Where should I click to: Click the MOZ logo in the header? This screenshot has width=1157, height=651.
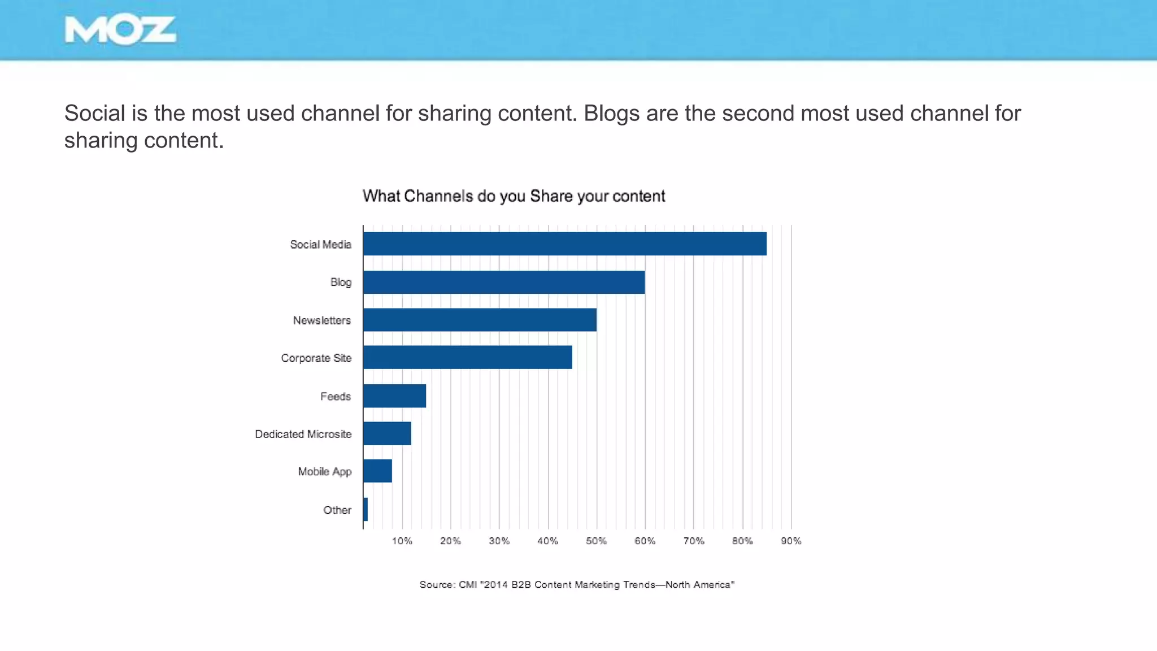tap(120, 31)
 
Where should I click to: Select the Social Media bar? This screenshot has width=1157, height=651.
tap(564, 244)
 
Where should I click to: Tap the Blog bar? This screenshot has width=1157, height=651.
tap(503, 282)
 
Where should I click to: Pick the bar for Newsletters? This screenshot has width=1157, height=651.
tap(480, 320)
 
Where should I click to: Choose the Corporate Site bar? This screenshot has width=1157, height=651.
tap(467, 357)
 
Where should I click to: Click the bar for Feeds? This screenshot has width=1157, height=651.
tap(394, 396)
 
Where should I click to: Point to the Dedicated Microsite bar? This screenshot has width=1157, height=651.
tap(387, 433)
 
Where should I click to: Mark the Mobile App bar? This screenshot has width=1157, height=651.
tap(377, 471)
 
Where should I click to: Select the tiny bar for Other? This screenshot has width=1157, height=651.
tap(366, 509)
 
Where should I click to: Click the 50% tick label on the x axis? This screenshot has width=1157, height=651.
tap(596, 541)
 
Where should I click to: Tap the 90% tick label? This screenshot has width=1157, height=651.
tap(791, 541)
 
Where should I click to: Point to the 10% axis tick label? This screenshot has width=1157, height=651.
tap(402, 541)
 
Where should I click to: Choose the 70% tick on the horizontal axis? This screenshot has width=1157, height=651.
tap(694, 541)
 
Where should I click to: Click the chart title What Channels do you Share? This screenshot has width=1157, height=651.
tap(514, 196)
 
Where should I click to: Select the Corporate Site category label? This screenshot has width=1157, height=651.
tap(316, 358)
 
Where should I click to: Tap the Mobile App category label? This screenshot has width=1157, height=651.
tap(324, 471)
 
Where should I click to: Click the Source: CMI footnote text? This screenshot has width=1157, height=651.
tap(576, 584)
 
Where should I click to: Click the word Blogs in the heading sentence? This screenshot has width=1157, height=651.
tap(611, 114)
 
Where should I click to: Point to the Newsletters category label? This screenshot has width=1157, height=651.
tap(321, 320)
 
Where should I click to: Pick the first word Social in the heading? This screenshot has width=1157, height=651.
tap(94, 114)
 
